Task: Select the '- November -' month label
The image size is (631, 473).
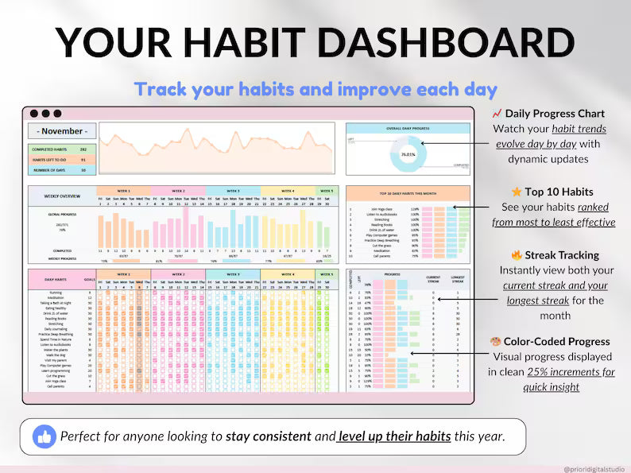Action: click(x=62, y=131)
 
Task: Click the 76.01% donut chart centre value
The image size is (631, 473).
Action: click(x=408, y=154)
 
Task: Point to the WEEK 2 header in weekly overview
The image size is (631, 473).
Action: click(x=177, y=191)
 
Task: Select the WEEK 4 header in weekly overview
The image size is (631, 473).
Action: click(x=288, y=191)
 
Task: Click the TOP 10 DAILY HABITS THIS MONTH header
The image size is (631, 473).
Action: click(x=408, y=193)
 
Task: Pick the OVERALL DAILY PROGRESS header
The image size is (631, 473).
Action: click(x=408, y=127)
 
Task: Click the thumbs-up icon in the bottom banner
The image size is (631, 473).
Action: click(x=44, y=436)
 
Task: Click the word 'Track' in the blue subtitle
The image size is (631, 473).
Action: click(x=159, y=88)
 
